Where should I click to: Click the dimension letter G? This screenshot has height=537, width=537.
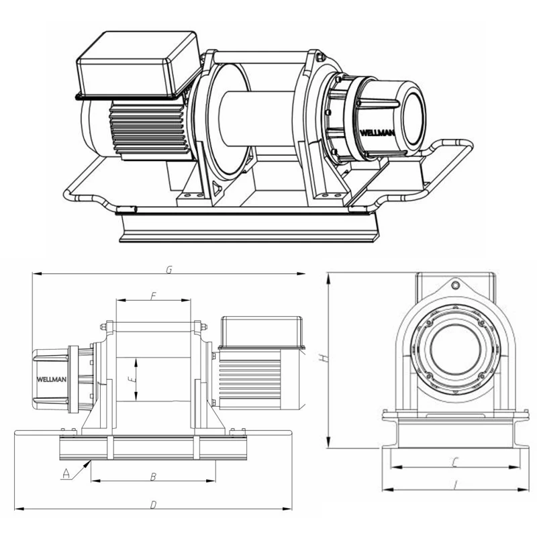tap(170, 269)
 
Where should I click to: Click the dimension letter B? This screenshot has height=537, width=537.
tap(153, 477)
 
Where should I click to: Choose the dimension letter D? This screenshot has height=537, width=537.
tap(154, 503)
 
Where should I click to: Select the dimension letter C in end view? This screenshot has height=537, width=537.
tap(454, 462)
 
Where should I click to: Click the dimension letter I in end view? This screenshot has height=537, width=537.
tap(455, 484)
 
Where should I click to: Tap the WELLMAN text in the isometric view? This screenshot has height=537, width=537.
tap(377, 133)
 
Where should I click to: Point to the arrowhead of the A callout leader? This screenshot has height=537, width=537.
tap(91, 461)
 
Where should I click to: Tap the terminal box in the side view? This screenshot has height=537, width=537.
tap(262, 331)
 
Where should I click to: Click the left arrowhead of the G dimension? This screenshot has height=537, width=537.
tap(34, 274)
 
